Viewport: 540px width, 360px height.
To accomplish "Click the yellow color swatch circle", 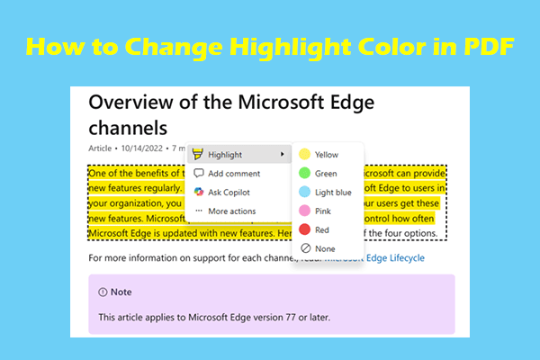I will (304, 155).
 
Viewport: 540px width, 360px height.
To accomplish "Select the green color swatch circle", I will (304, 174).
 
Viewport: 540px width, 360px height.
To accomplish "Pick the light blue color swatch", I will (304, 193).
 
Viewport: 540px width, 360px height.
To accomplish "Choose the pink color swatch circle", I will (304, 211).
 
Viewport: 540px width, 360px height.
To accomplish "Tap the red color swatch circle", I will (304, 229).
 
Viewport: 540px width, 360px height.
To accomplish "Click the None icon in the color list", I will (304, 248).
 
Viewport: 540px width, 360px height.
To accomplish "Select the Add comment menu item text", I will (234, 174).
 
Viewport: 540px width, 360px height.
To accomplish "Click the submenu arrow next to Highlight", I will (283, 155).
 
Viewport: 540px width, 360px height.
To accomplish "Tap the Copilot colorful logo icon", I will (199, 193).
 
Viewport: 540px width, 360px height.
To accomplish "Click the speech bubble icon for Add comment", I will (199, 174).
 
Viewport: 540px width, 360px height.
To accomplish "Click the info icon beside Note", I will (103, 292).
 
